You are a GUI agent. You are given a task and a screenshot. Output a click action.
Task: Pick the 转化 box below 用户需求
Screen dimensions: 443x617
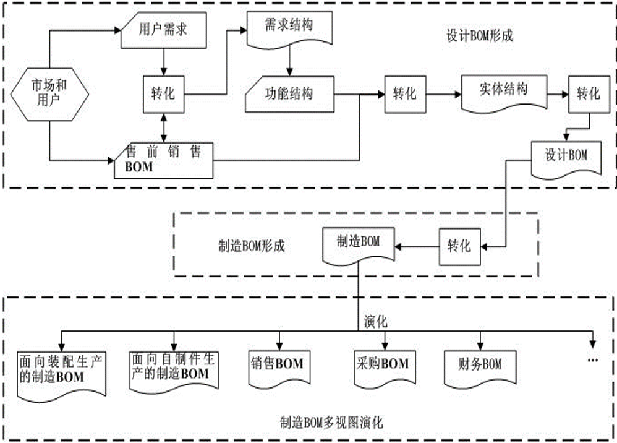(x=163, y=94)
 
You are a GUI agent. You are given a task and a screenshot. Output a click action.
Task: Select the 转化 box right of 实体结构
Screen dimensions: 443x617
(x=587, y=93)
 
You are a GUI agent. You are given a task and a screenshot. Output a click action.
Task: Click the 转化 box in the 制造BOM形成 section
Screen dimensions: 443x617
(x=458, y=246)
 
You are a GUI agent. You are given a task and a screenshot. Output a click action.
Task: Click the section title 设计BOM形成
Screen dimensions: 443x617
(x=480, y=36)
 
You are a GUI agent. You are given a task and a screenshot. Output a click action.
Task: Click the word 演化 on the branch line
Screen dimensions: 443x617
(x=375, y=322)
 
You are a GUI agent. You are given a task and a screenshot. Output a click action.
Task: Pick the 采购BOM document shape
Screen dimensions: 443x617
(x=383, y=366)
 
